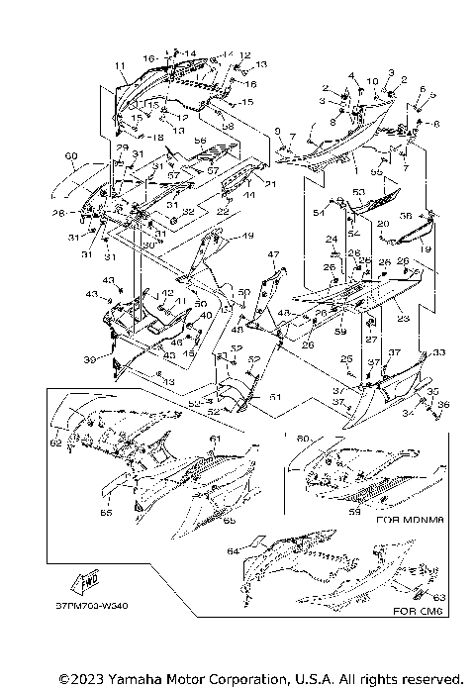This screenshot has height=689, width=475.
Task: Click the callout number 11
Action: pos(120,66)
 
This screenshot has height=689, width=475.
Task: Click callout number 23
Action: pos(403,319)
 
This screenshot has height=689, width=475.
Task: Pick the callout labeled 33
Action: pos(438,352)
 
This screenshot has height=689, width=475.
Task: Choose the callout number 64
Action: pos(233,550)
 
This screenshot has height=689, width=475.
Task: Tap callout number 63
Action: pos(439,597)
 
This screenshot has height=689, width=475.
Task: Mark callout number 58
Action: pos(228,126)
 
